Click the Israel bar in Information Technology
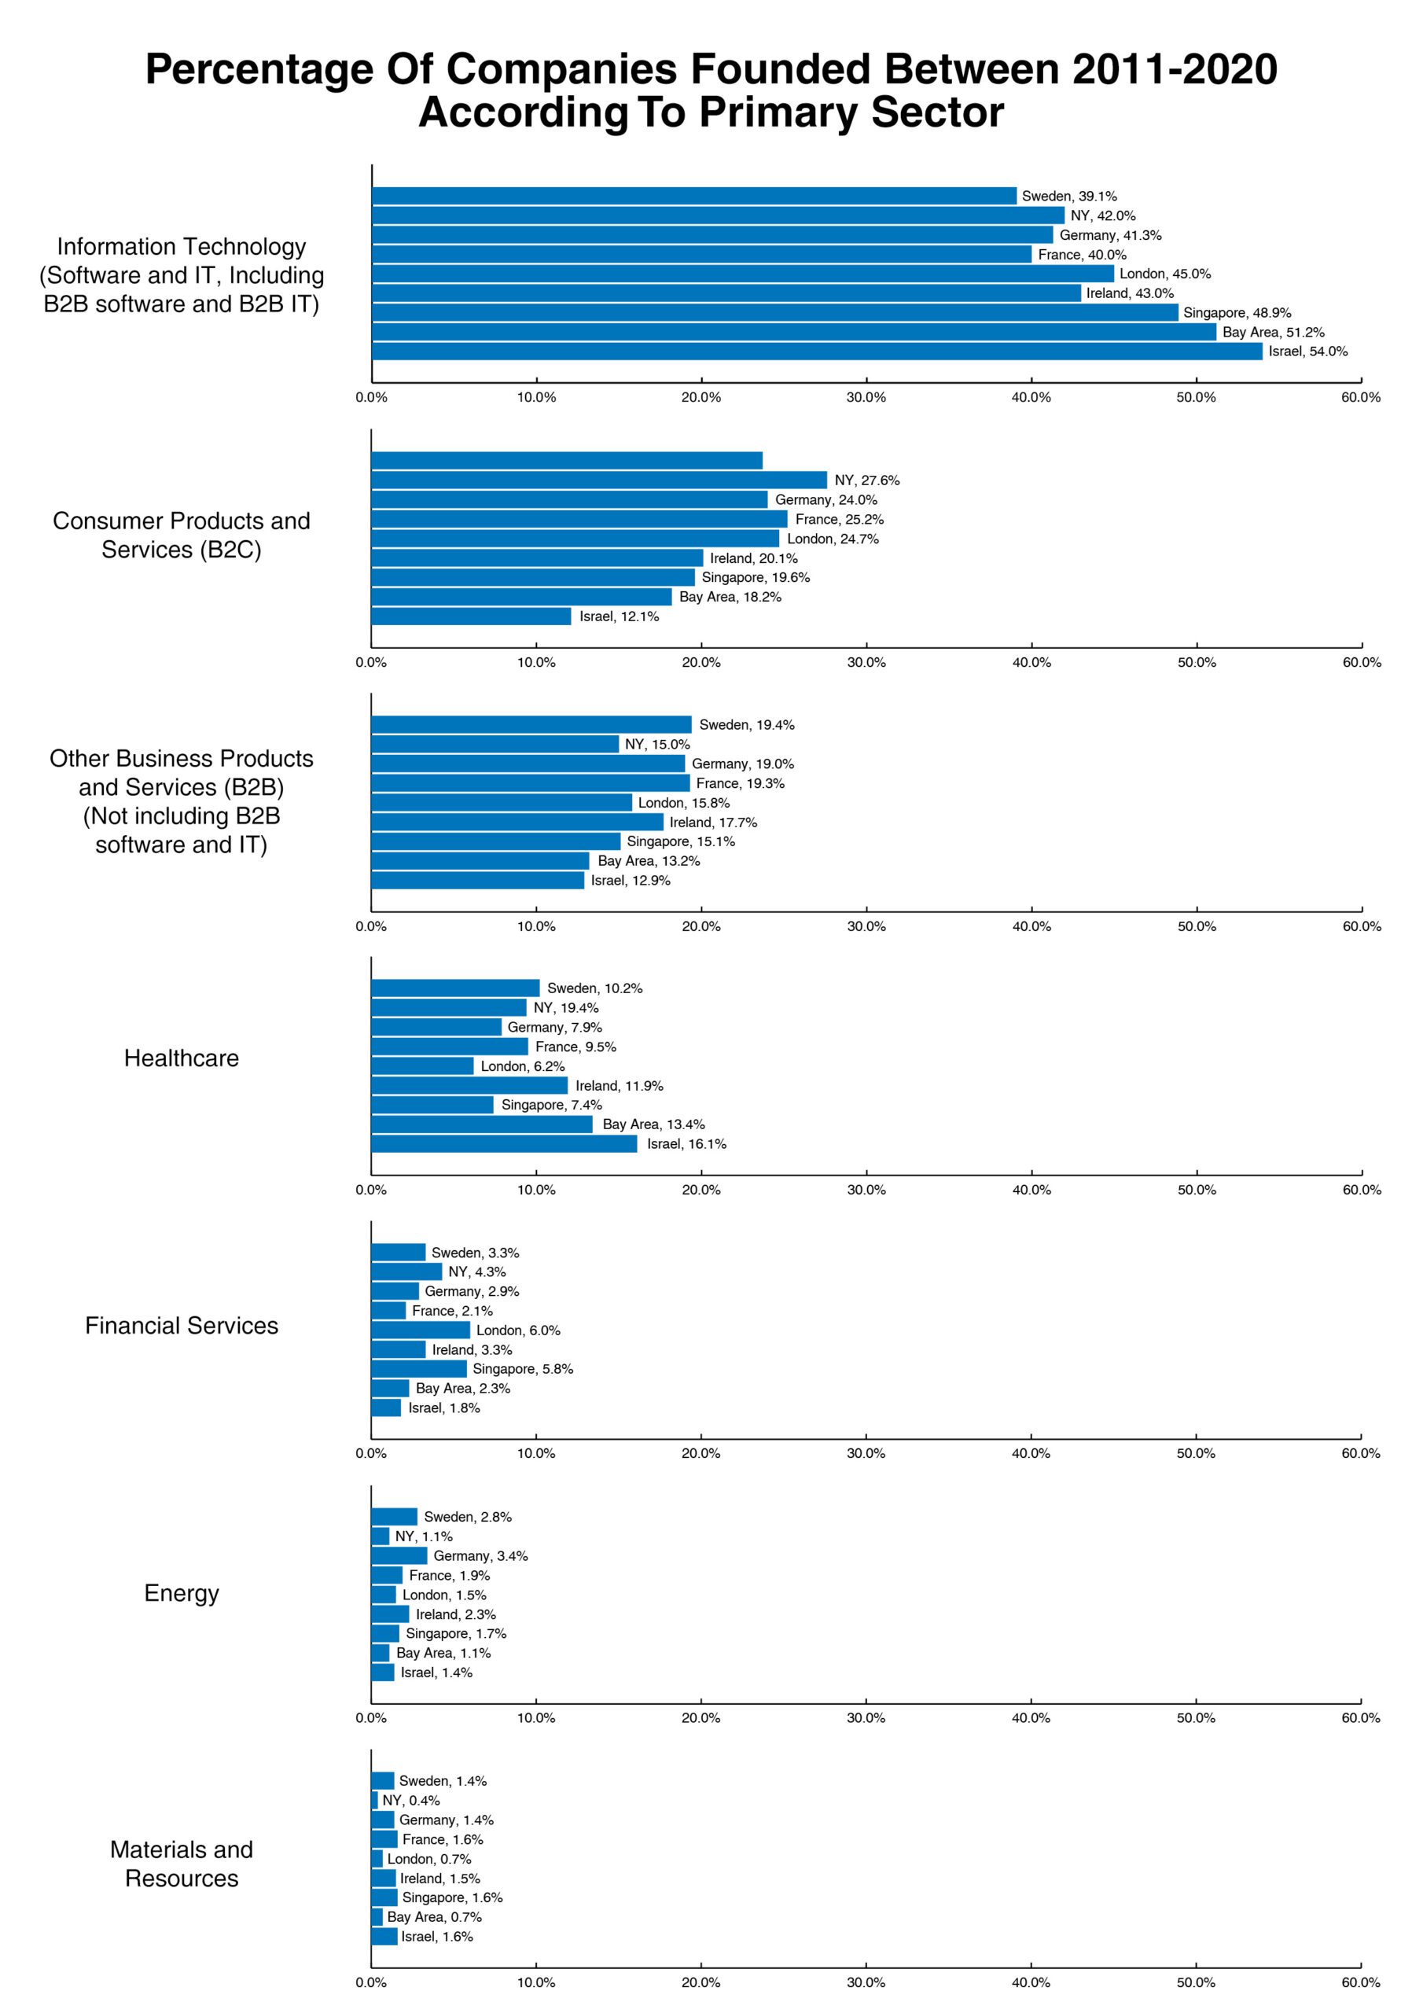[x=817, y=351]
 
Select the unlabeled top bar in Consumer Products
[x=568, y=460]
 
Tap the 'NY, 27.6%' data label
[x=867, y=480]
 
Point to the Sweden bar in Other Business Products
[x=531, y=724]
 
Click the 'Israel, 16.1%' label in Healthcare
[x=686, y=1143]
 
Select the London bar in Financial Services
[x=421, y=1330]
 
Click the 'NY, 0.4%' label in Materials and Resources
[x=411, y=1800]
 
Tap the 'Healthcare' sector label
[x=182, y=1058]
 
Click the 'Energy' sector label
[x=182, y=1593]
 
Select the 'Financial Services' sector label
[x=182, y=1326]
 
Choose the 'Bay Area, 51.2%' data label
[x=1273, y=333]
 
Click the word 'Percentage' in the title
[x=259, y=69]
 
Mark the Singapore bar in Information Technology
[x=776, y=312]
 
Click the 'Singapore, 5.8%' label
[x=523, y=1368]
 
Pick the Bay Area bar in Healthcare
[x=482, y=1124]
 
